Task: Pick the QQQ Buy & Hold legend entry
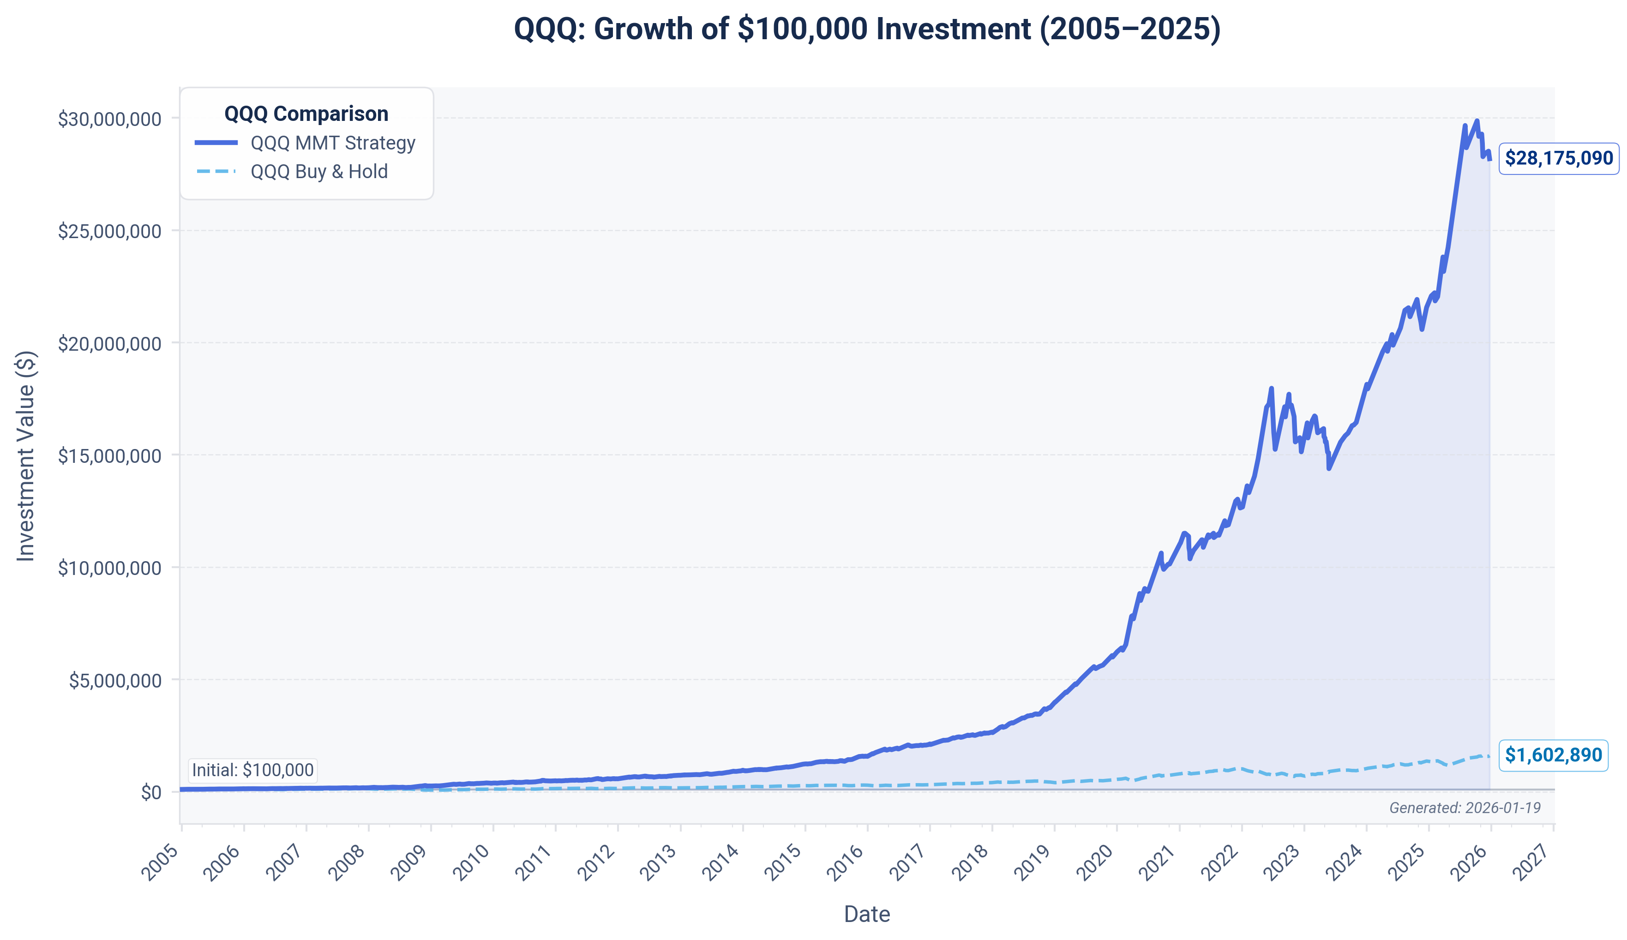coord(319,172)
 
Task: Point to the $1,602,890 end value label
coord(1553,754)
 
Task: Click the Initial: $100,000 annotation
coord(252,770)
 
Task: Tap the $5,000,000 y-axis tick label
coord(115,681)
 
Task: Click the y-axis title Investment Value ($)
coord(26,456)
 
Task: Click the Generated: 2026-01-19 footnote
coord(1464,808)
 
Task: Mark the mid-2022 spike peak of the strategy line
coord(1271,389)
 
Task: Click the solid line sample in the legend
coord(216,143)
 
